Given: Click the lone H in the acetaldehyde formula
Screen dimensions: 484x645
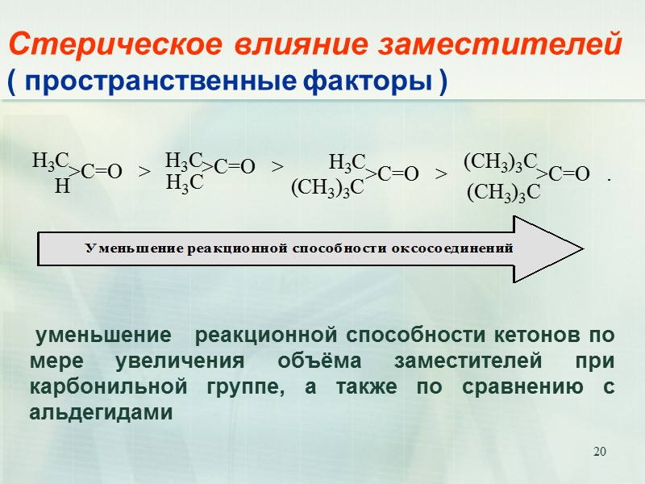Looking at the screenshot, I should click(x=59, y=186).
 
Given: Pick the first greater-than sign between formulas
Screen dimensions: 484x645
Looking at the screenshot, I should click(x=144, y=171).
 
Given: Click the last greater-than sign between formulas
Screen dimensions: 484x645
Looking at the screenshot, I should click(x=441, y=173).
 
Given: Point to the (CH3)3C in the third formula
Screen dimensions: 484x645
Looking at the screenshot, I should click(x=327, y=188).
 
